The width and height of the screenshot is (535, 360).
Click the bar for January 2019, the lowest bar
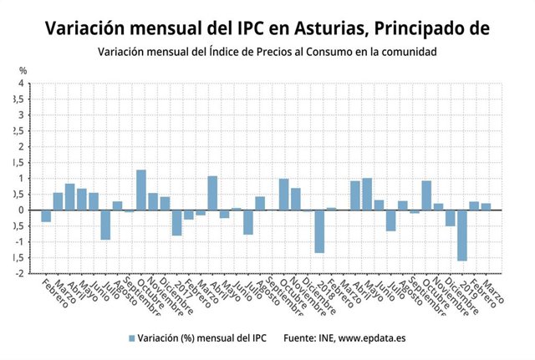[x=462, y=236]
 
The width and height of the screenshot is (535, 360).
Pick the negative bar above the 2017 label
[x=177, y=223]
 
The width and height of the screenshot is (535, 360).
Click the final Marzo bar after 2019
[x=486, y=206]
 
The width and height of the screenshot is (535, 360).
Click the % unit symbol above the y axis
[x=23, y=70]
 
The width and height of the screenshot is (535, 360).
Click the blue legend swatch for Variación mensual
[x=131, y=337]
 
